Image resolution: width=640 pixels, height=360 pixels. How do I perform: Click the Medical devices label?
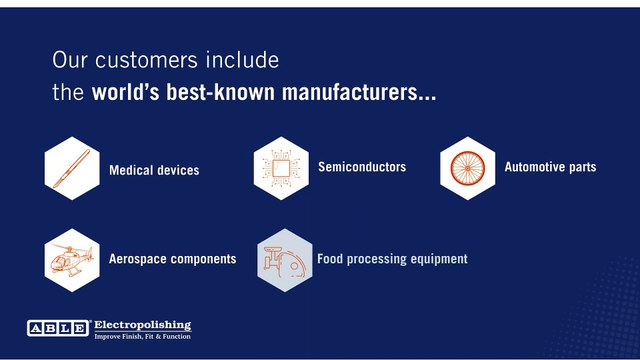tap(154, 170)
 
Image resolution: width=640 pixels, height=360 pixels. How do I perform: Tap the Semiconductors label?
tap(362, 167)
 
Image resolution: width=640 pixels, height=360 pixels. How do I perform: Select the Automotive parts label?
tap(550, 167)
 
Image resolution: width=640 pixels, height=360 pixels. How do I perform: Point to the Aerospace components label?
tap(173, 259)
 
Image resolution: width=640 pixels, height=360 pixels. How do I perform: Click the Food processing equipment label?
tap(392, 259)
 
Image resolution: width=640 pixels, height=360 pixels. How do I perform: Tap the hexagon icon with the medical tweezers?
tap(73, 168)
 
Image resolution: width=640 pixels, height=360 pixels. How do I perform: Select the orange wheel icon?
tap(468, 168)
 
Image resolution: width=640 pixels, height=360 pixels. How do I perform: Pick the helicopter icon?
tap(73, 260)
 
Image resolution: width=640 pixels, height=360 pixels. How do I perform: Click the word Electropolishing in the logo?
tap(142, 325)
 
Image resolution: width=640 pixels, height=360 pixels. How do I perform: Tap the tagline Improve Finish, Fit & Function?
tap(142, 336)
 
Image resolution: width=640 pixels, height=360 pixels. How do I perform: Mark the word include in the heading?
tap(244, 61)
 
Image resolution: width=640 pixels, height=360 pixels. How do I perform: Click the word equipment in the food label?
tap(433, 259)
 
